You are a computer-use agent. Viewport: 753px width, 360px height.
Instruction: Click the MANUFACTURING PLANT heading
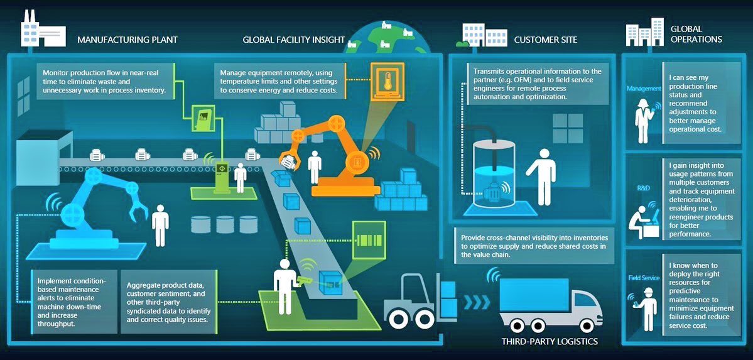pos(127,40)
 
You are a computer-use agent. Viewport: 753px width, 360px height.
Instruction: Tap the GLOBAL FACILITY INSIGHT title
pos(294,40)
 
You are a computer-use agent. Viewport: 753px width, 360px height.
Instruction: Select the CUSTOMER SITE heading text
pos(545,40)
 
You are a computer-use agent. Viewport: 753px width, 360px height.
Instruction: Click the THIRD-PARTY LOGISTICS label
pos(550,342)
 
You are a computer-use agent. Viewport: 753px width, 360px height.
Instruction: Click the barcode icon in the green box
pos(369,240)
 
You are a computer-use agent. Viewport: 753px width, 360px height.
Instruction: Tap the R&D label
pos(642,187)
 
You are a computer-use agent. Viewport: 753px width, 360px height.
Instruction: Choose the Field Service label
pos(644,278)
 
